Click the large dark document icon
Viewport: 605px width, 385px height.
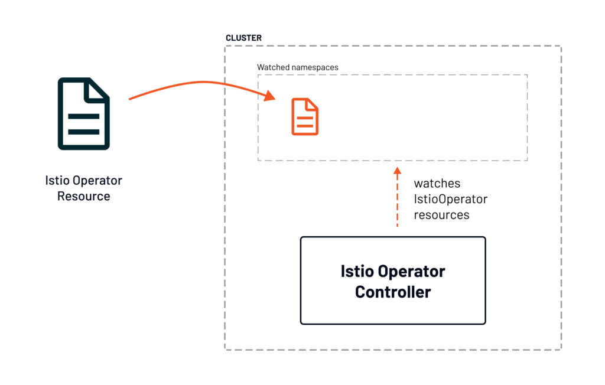[x=83, y=113]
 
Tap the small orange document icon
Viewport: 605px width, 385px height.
[x=305, y=117]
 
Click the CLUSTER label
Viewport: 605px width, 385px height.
[x=243, y=38]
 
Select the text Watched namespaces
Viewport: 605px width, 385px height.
[x=298, y=67]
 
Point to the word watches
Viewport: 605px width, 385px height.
[x=437, y=184]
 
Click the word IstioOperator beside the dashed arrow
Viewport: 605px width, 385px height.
[x=450, y=199]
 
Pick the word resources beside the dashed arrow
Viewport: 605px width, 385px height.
[x=441, y=215]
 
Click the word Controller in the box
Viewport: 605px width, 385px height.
[x=393, y=292]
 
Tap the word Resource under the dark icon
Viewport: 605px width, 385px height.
[x=83, y=196]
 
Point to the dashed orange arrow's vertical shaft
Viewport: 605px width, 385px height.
[x=398, y=201]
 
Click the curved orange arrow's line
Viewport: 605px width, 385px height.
[x=195, y=83]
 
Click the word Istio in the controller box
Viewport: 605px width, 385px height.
[x=356, y=272]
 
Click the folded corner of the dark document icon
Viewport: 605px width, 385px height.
[x=98, y=89]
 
